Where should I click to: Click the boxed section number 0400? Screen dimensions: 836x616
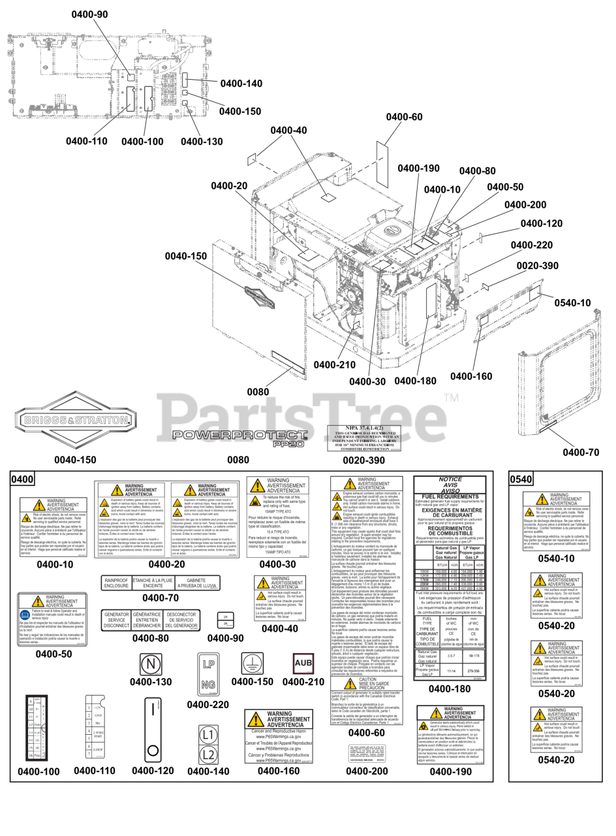23,479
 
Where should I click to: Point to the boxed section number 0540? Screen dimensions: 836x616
521,479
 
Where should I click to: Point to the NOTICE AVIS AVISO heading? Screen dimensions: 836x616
450,486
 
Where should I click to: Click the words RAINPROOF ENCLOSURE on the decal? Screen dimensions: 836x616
116,583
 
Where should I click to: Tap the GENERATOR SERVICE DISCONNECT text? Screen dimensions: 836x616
116,620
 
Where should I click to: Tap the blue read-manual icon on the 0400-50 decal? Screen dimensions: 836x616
25,613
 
